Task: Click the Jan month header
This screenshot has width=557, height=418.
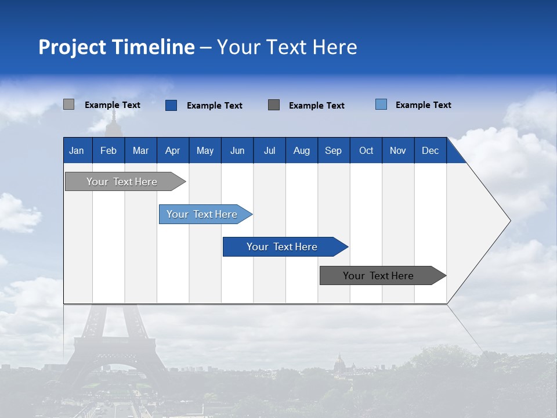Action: click(x=77, y=150)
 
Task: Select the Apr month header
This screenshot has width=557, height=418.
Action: click(x=173, y=150)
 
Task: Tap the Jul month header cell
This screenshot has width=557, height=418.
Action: click(x=269, y=150)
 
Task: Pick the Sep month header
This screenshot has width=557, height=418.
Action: click(x=334, y=150)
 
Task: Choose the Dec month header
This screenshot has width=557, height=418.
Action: click(x=430, y=150)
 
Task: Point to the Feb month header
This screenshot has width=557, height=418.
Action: click(x=108, y=150)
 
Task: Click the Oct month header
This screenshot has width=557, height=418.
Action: click(x=366, y=150)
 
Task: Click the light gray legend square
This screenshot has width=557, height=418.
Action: click(x=68, y=105)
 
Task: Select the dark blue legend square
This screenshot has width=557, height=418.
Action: click(x=171, y=105)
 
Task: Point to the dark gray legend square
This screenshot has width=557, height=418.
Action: click(x=274, y=105)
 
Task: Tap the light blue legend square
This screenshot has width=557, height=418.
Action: click(x=381, y=105)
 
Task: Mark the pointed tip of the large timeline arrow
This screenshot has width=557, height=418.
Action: click(x=509, y=221)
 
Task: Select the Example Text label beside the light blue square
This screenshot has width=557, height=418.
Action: click(x=423, y=105)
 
